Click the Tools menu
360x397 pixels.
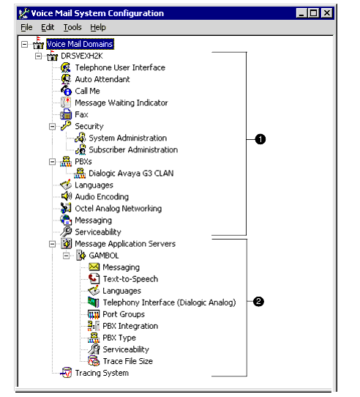[x=72, y=27]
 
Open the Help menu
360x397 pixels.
[x=98, y=27]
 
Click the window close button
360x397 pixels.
[x=327, y=12]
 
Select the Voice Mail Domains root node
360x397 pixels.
[x=80, y=44]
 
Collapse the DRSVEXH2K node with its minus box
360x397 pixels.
[x=38, y=56]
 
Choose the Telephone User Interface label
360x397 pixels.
[x=120, y=67]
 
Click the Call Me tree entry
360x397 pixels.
[x=87, y=91]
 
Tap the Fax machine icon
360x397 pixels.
[x=66, y=114]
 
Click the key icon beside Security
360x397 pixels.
[x=66, y=126]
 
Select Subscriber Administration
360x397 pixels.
[x=133, y=149]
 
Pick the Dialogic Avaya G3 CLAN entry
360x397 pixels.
[x=131, y=173]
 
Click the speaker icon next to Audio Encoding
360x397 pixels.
[x=67, y=196]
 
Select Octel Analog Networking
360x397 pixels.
[x=118, y=208]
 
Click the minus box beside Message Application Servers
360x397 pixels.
[x=52, y=244]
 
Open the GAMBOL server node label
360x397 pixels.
[x=104, y=256]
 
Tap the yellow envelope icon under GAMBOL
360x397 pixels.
[x=94, y=267]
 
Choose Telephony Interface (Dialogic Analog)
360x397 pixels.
[x=169, y=303]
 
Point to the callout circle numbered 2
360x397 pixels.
[x=258, y=302]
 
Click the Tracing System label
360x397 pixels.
[x=102, y=373]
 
